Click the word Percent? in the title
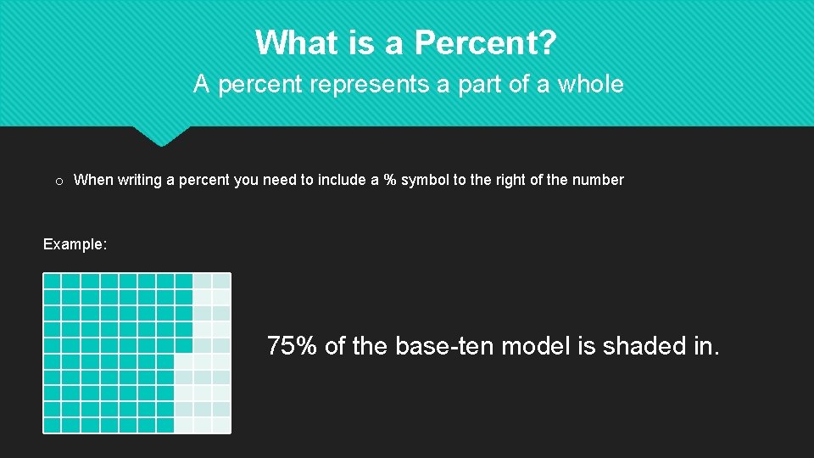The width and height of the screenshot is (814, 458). pos(485,42)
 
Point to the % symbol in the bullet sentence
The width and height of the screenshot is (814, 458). pos(390,180)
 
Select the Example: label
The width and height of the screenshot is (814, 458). pos(75,244)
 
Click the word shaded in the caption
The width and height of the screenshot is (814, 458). pos(645,346)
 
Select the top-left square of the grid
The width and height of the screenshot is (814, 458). pos(53,281)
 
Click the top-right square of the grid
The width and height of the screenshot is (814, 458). pos(221,281)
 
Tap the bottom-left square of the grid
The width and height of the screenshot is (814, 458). pos(53,425)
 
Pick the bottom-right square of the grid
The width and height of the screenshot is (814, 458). pos(221,425)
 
